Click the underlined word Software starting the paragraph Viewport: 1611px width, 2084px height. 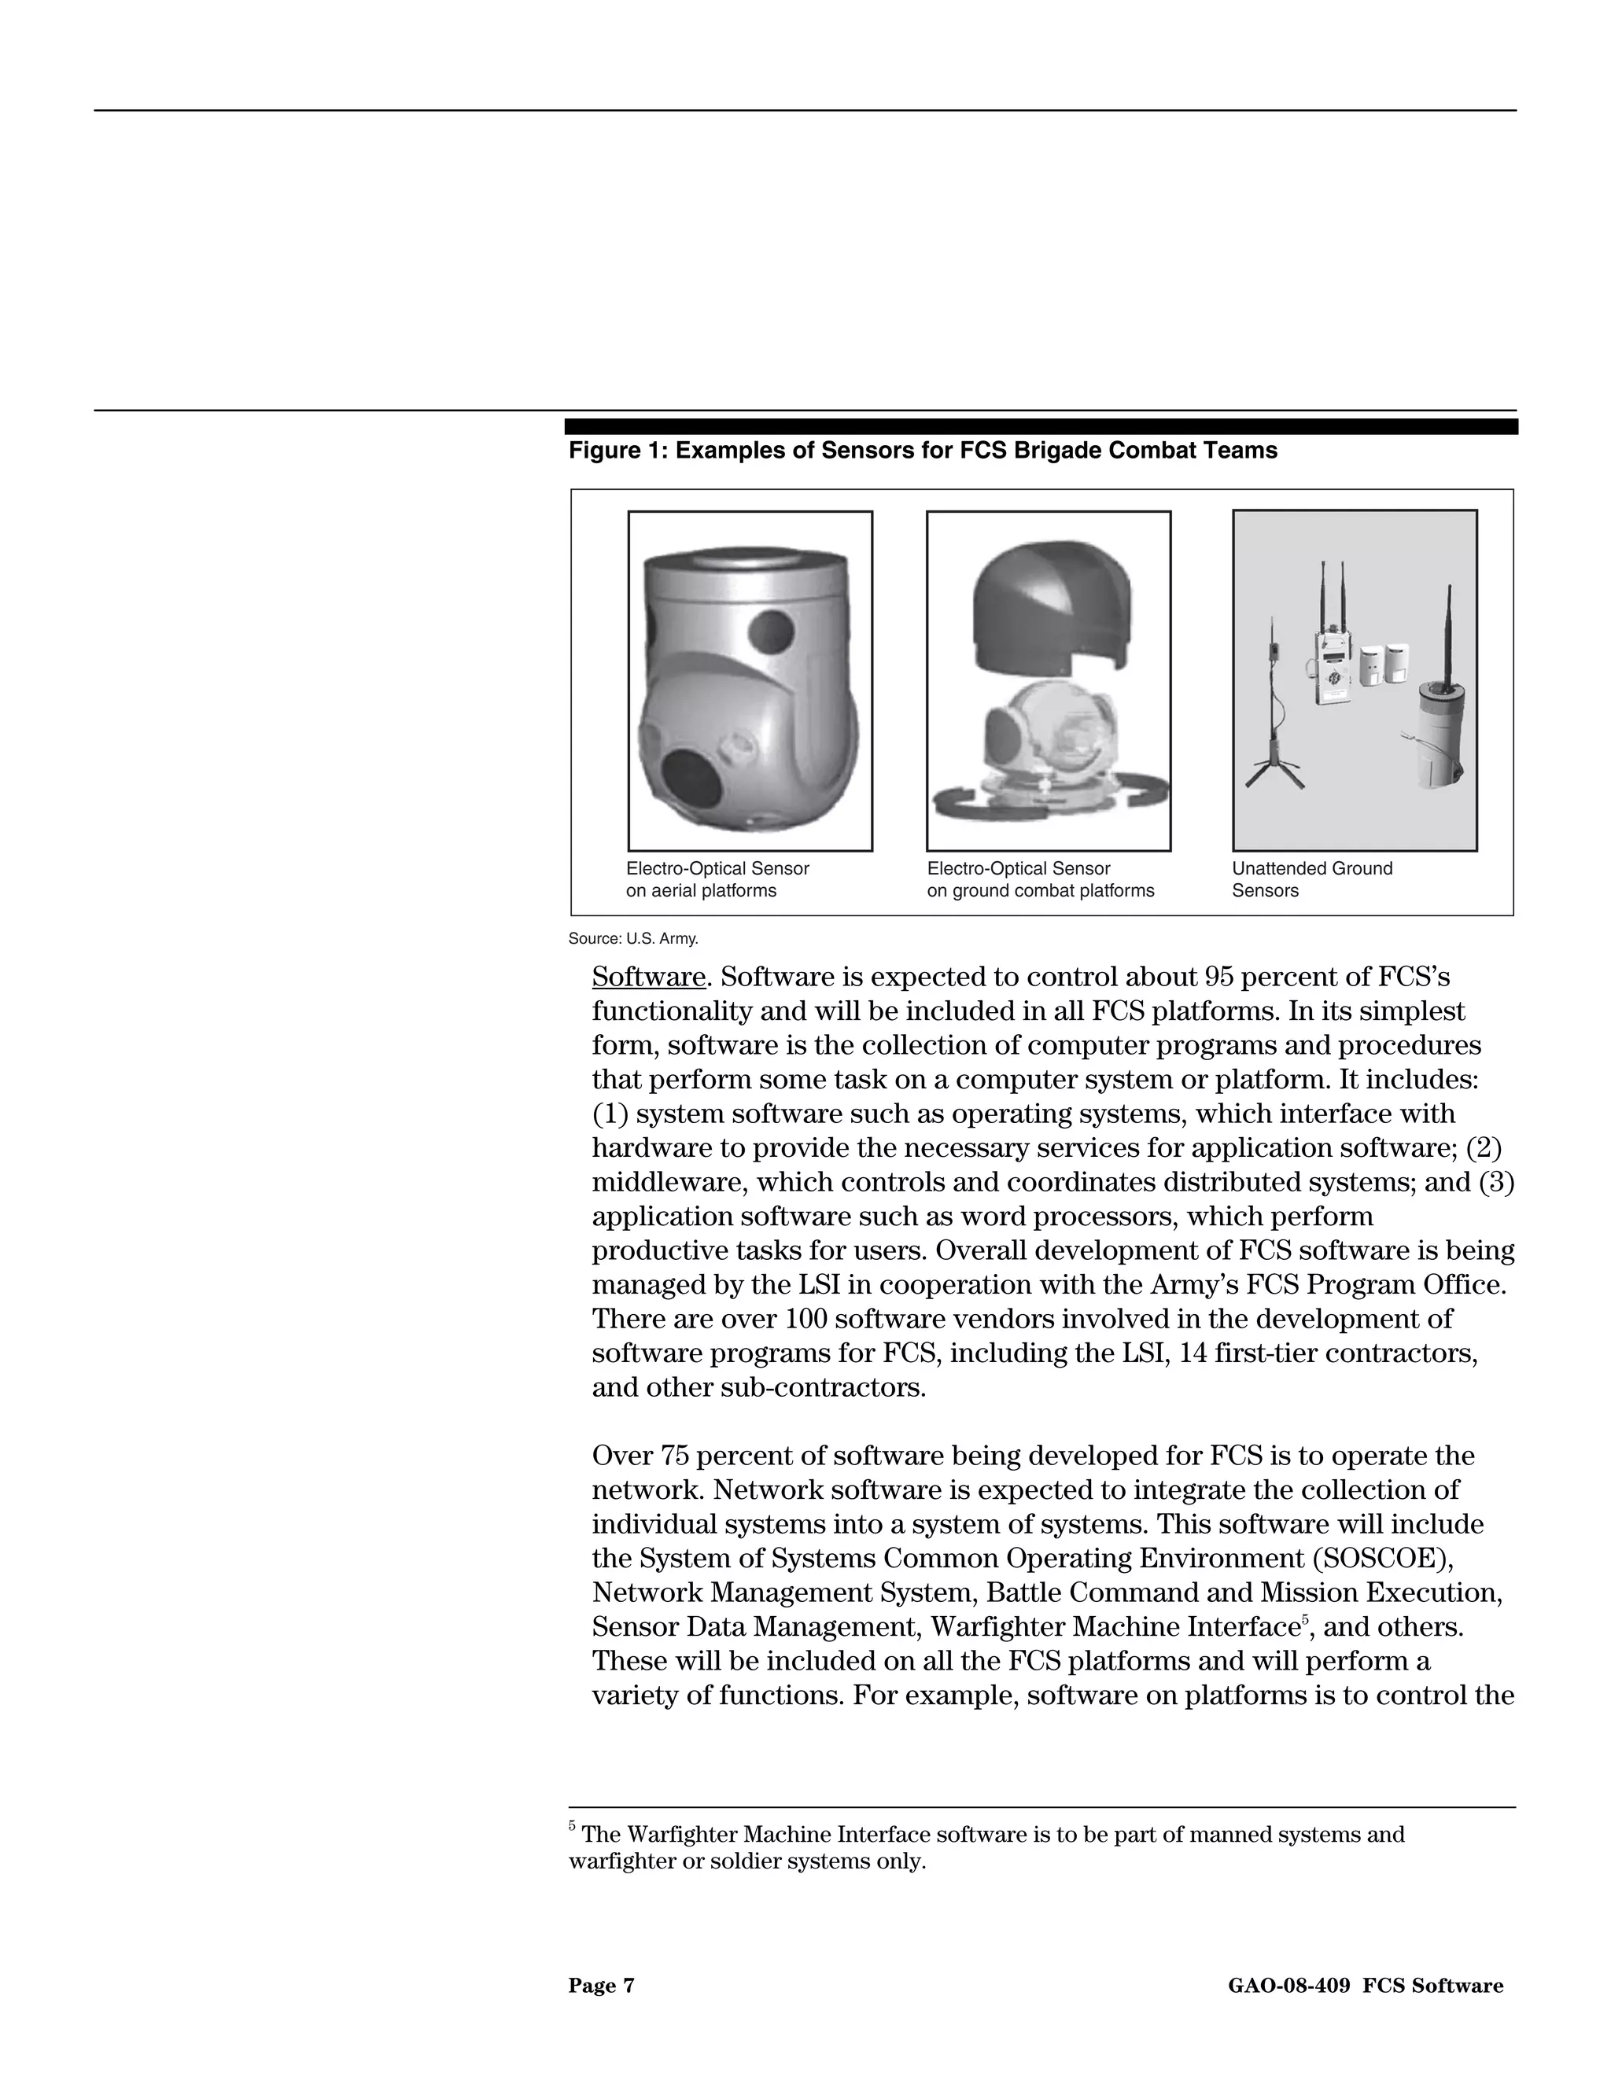coord(648,978)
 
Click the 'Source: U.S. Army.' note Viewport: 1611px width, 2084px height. coord(632,939)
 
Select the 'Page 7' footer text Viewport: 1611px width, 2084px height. coord(601,1986)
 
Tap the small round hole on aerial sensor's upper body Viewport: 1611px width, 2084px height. coord(770,630)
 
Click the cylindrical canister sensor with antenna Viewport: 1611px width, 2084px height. coord(1440,735)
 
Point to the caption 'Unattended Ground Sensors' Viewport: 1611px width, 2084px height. coord(1311,879)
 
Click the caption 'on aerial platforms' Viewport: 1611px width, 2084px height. coord(701,891)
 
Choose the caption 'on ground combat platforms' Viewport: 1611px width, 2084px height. coord(1040,891)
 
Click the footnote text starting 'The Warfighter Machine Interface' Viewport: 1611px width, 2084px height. coord(993,1835)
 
